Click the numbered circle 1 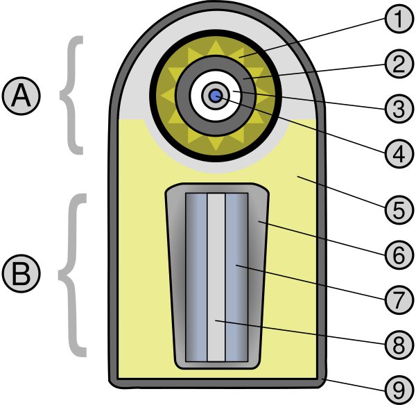(399, 19)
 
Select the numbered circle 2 (399, 64)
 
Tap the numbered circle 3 (399, 109)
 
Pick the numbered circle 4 (399, 154)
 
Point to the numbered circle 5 (399, 210)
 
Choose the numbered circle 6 (399, 255)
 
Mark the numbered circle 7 (399, 300)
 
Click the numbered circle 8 (399, 345)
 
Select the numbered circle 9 (399, 390)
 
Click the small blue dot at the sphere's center (216, 96)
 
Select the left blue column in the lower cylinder (197, 277)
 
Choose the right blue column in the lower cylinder (236, 277)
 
